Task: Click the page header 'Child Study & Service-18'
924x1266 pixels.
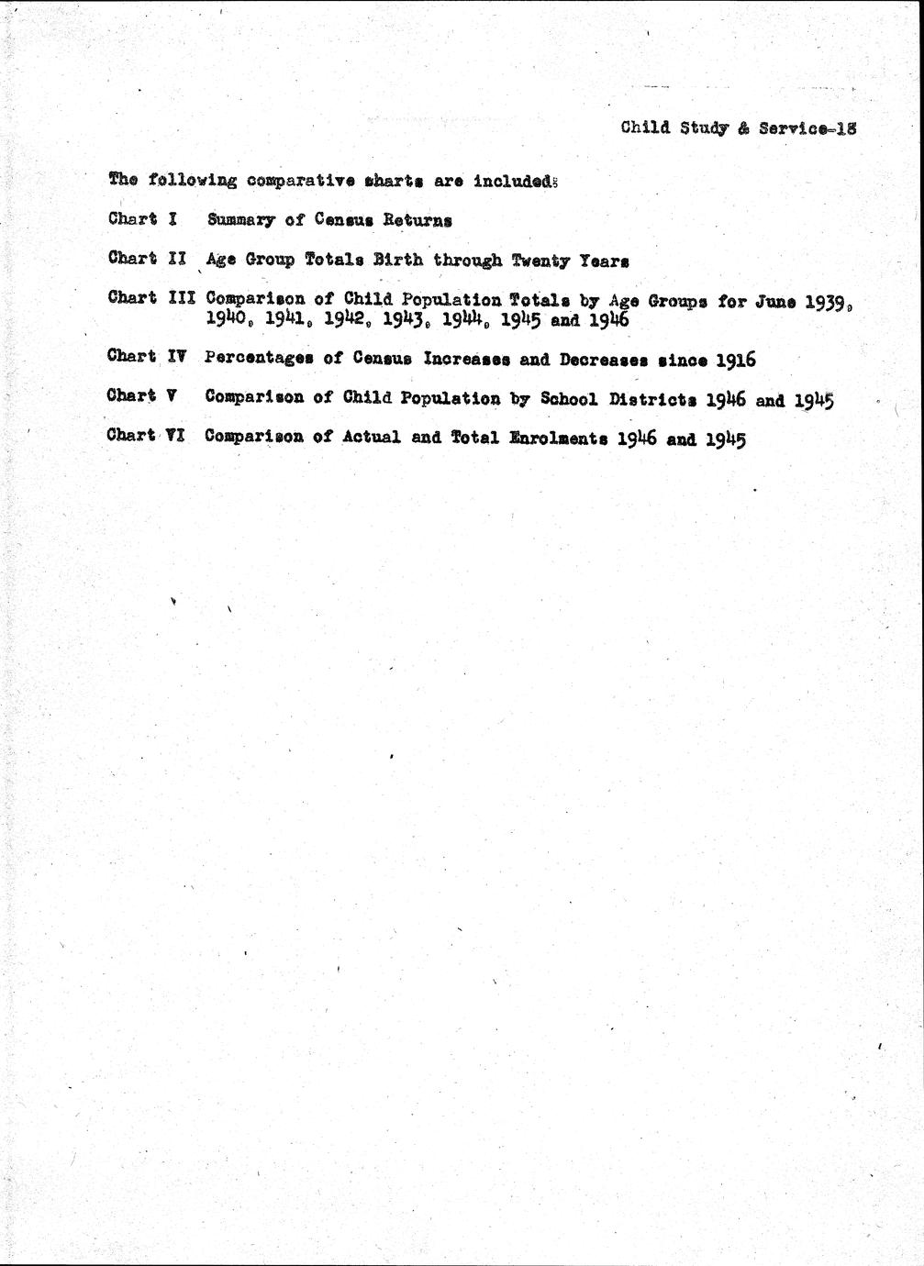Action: coord(738,128)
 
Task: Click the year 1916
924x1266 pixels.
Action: coord(734,359)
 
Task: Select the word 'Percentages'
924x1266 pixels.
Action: coord(260,358)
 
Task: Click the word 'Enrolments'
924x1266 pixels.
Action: coord(557,438)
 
